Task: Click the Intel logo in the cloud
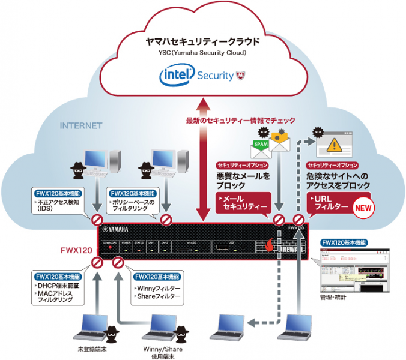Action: coord(175,76)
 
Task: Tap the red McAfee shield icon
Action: coord(240,76)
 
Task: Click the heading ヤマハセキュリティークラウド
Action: coord(202,42)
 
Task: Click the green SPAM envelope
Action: coord(259,145)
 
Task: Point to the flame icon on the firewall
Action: coord(269,245)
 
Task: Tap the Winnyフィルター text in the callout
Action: coord(155,288)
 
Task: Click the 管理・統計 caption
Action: coord(334,298)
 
